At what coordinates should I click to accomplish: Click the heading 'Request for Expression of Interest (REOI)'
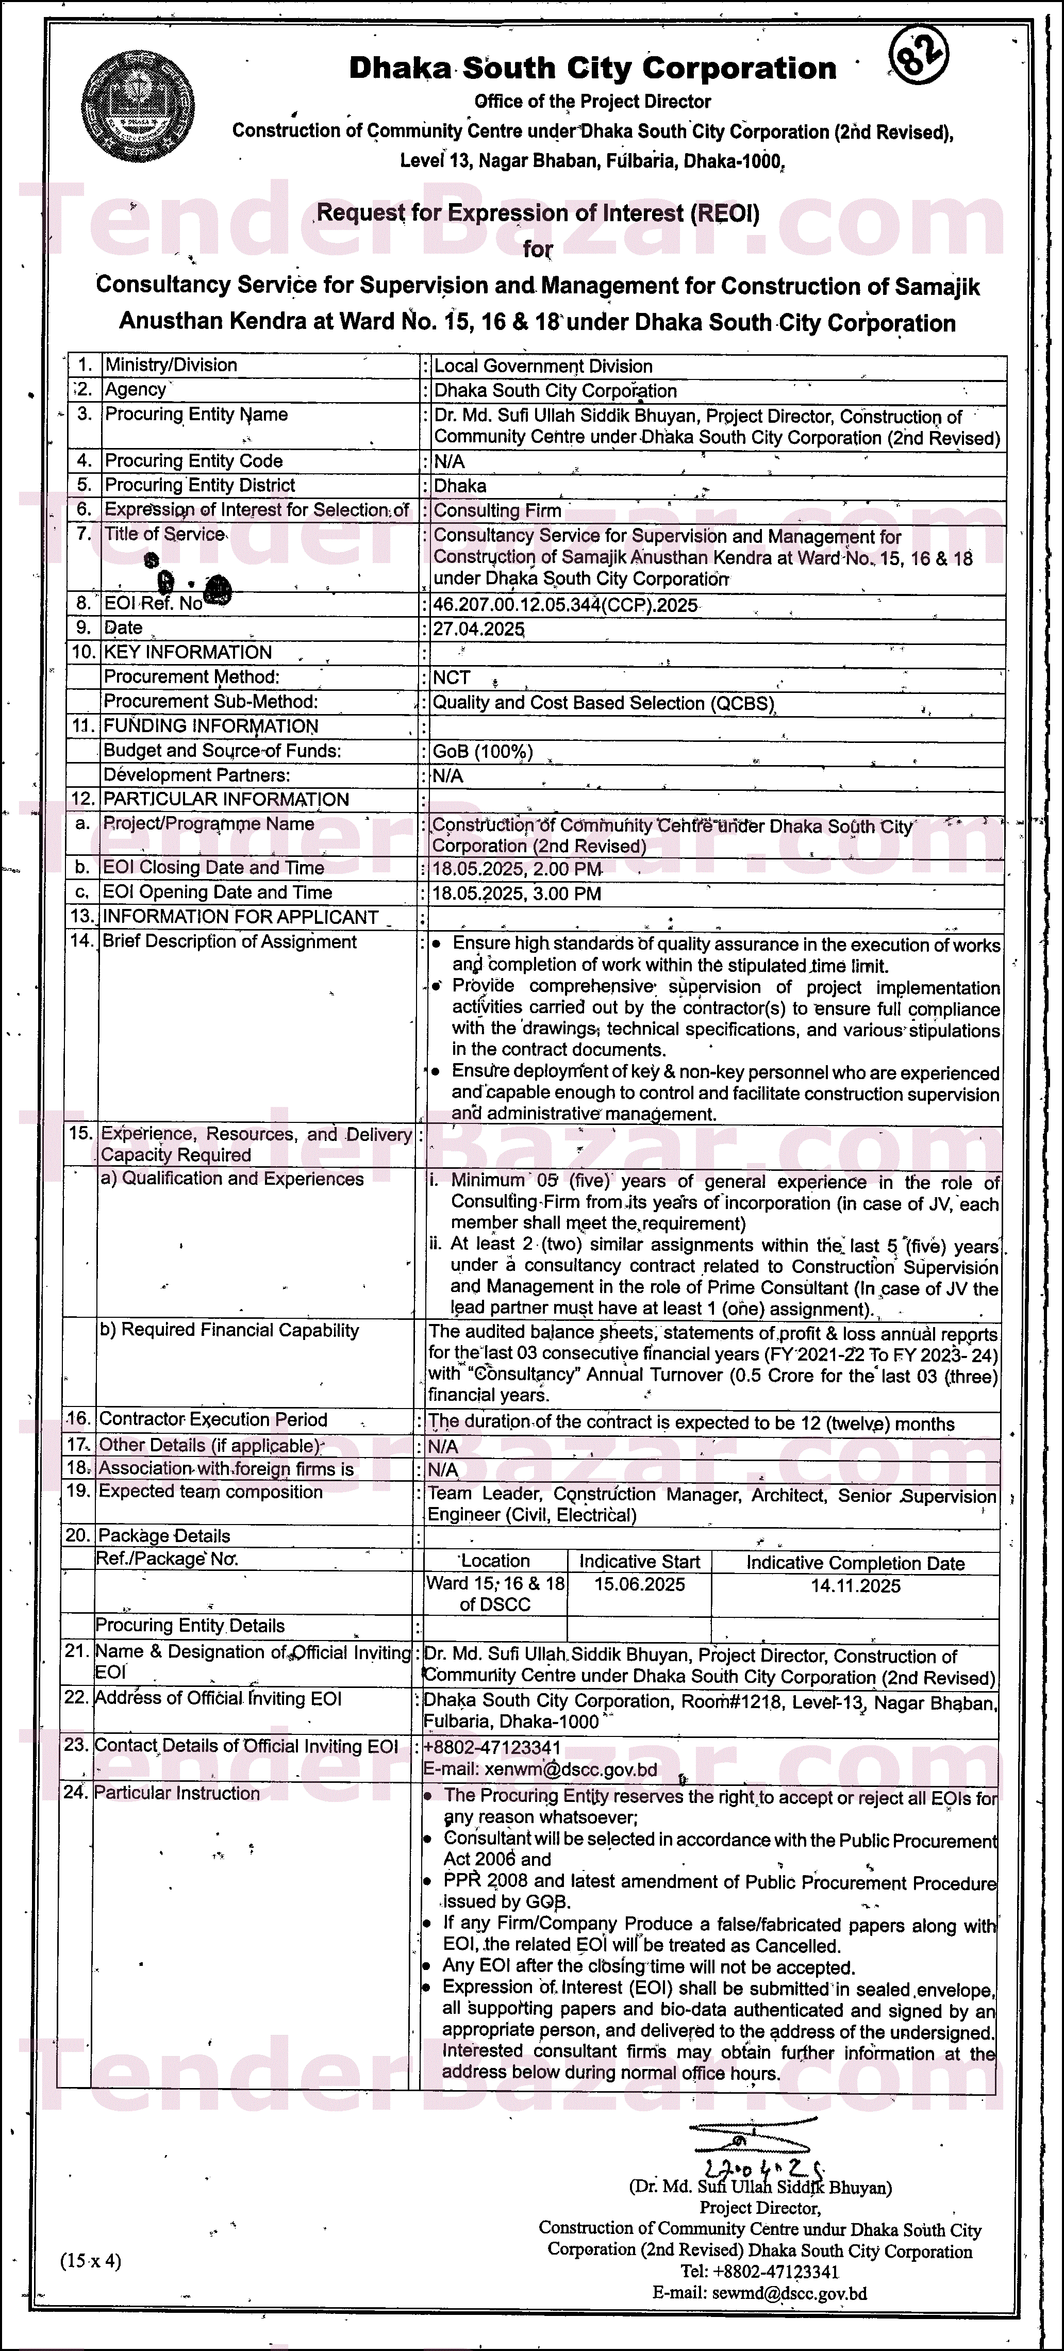click(538, 213)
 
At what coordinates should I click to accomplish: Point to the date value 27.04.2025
click(478, 629)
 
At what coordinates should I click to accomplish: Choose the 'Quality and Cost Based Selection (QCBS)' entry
click(603, 703)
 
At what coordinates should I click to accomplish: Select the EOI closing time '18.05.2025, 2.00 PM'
click(517, 869)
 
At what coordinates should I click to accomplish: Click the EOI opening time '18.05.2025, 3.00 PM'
click(517, 893)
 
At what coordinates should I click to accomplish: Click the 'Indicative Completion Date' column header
click(855, 1563)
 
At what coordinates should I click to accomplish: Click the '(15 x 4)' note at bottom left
click(90, 2261)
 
